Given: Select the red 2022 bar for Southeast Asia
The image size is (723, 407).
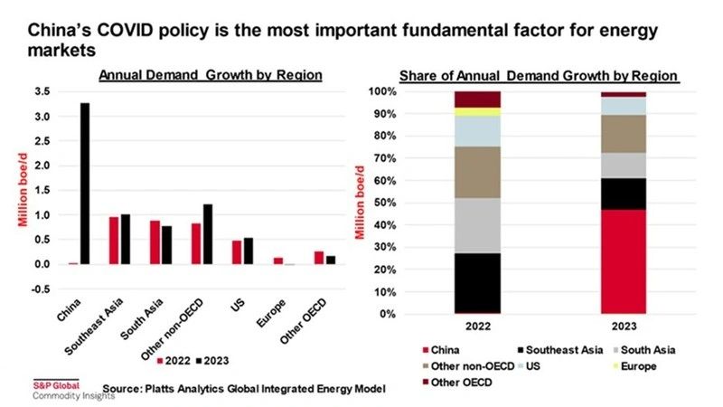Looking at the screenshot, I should point(113,241).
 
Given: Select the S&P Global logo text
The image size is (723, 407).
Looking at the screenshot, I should point(57,385).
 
